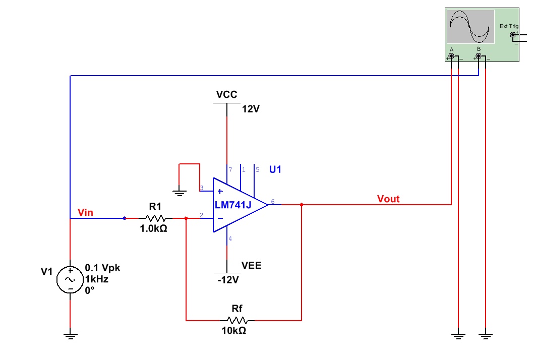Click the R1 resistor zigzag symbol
pyautogui.click(x=155, y=218)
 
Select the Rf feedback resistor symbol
pyautogui.click(x=237, y=320)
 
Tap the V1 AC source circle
pyautogui.click(x=70, y=279)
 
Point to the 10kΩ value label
pyautogui.click(x=234, y=331)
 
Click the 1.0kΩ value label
pyautogui.click(x=153, y=228)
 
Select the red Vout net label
pyautogui.click(x=388, y=199)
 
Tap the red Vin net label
pyautogui.click(x=86, y=212)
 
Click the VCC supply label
pyautogui.click(x=226, y=95)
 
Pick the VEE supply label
pyautogui.click(x=252, y=265)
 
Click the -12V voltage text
pyautogui.click(x=227, y=280)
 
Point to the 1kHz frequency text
pyautogui.click(x=97, y=279)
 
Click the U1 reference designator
pyautogui.click(x=275, y=169)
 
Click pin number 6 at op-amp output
pyautogui.click(x=273, y=202)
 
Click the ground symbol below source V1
pyautogui.click(x=70, y=335)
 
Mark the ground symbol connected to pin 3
pyautogui.click(x=179, y=192)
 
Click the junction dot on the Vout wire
pyautogui.click(x=301, y=205)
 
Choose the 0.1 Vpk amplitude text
pyautogui.click(x=103, y=268)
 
